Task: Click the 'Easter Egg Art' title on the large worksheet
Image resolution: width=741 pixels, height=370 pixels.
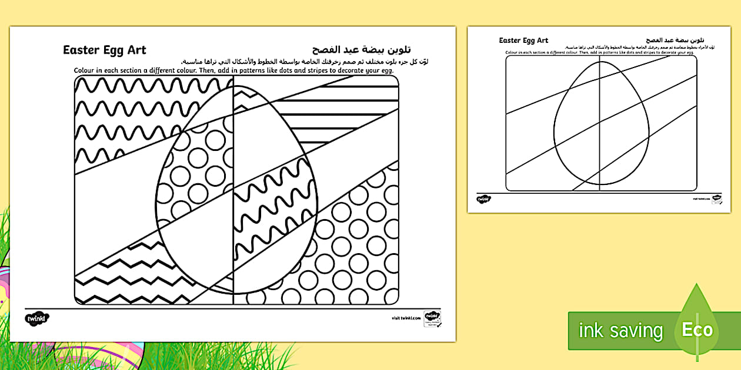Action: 105,50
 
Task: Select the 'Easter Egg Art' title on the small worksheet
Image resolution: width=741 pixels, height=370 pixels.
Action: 523,41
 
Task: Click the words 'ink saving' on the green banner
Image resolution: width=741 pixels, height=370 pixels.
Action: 620,331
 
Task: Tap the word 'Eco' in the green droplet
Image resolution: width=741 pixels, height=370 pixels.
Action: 697,329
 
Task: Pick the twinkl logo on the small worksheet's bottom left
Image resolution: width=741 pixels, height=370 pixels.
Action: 483,200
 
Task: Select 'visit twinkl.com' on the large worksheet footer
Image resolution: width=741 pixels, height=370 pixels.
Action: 406,318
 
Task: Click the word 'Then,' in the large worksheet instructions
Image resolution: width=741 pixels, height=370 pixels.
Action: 215,71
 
